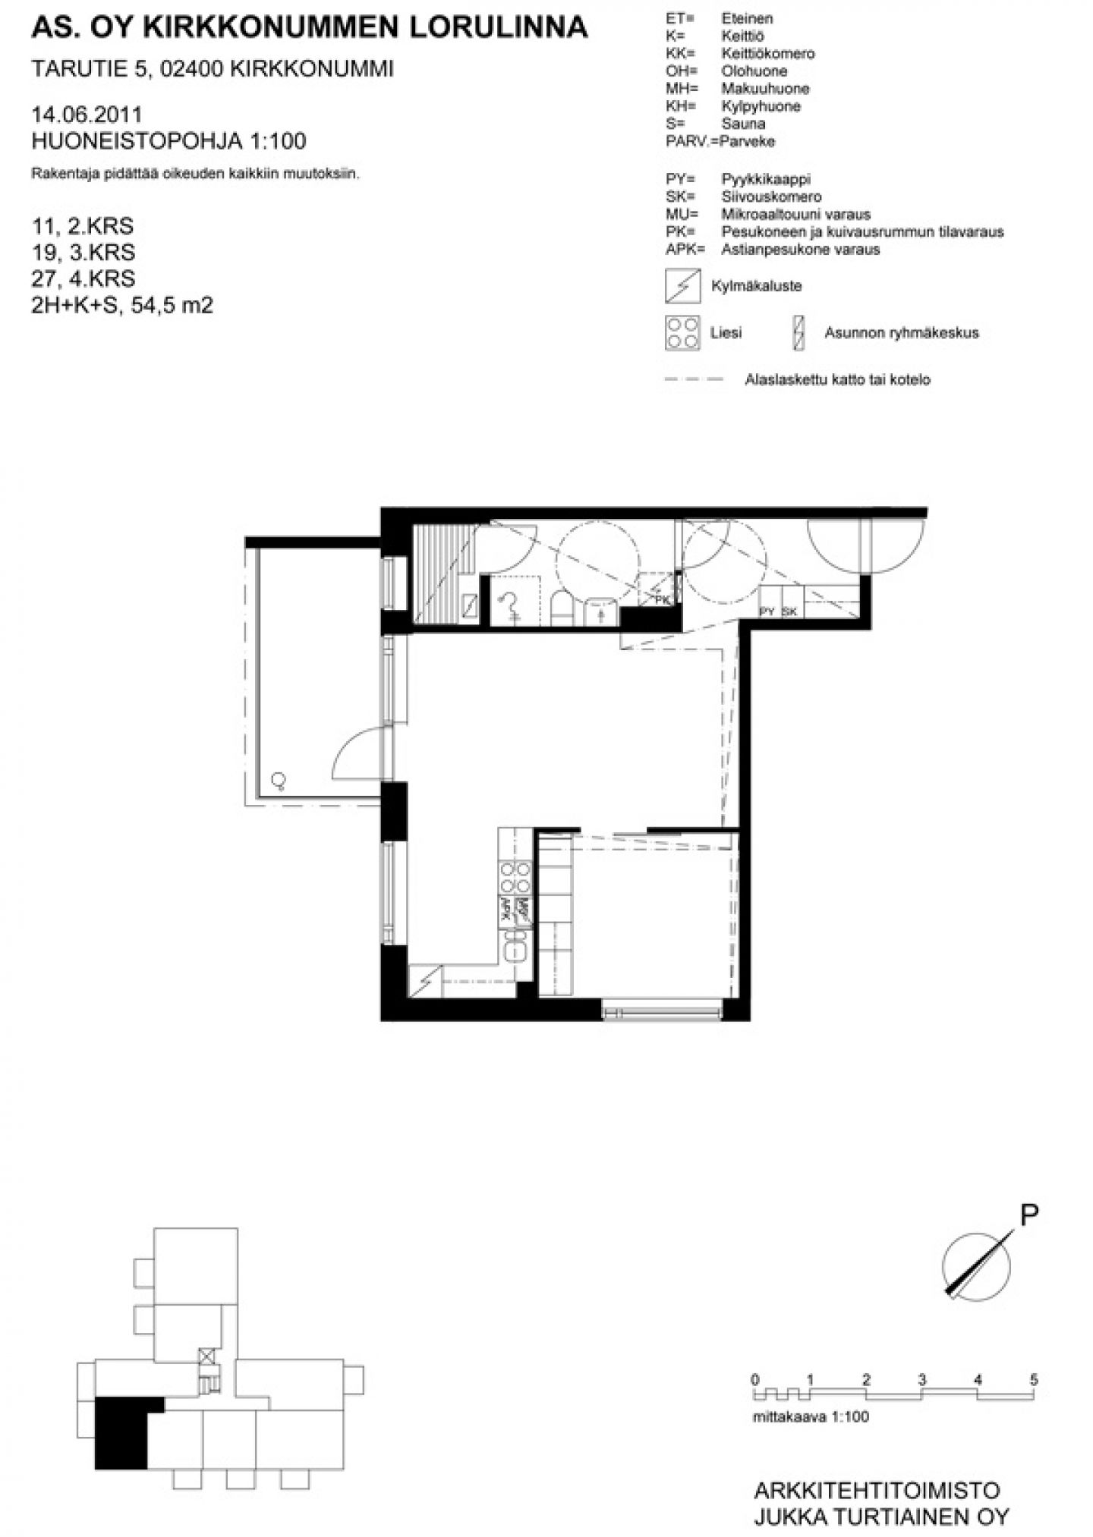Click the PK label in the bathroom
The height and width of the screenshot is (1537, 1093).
coord(663,599)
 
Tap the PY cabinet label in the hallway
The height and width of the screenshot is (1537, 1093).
coord(767,611)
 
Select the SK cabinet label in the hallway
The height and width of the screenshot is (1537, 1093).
coord(789,611)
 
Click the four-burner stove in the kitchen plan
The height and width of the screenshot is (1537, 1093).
coord(515,878)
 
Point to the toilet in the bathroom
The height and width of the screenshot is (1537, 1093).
coord(562,607)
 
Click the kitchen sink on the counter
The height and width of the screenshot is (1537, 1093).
coord(515,946)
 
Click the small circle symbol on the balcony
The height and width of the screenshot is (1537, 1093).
coord(279,779)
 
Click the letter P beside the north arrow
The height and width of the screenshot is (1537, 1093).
coord(1028,1215)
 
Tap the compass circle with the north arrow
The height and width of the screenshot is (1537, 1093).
coord(976,1266)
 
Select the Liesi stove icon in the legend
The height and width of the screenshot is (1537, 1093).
coord(682,333)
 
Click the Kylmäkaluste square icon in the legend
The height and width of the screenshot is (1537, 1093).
coord(682,286)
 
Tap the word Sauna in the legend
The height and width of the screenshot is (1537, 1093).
coord(743,124)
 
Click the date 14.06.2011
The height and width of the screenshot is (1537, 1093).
coord(87,115)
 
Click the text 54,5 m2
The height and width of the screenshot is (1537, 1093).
coord(172,306)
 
